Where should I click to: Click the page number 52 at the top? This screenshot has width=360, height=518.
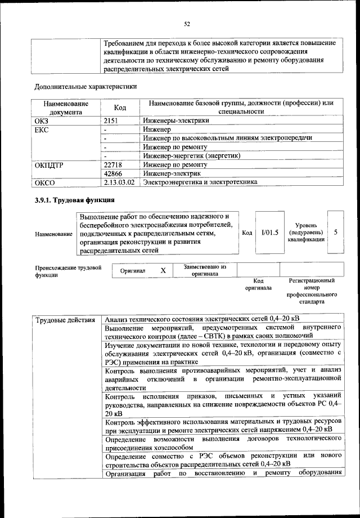187,23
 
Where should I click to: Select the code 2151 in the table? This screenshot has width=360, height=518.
113,120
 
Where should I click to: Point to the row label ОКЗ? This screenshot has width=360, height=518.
42,120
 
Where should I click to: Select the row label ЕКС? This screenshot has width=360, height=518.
42,129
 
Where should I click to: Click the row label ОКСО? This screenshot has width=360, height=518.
44,182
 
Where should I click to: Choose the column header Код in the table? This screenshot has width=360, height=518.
120,108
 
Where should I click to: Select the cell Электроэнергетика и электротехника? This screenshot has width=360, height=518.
200,182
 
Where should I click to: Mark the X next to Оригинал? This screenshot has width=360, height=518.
164,271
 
